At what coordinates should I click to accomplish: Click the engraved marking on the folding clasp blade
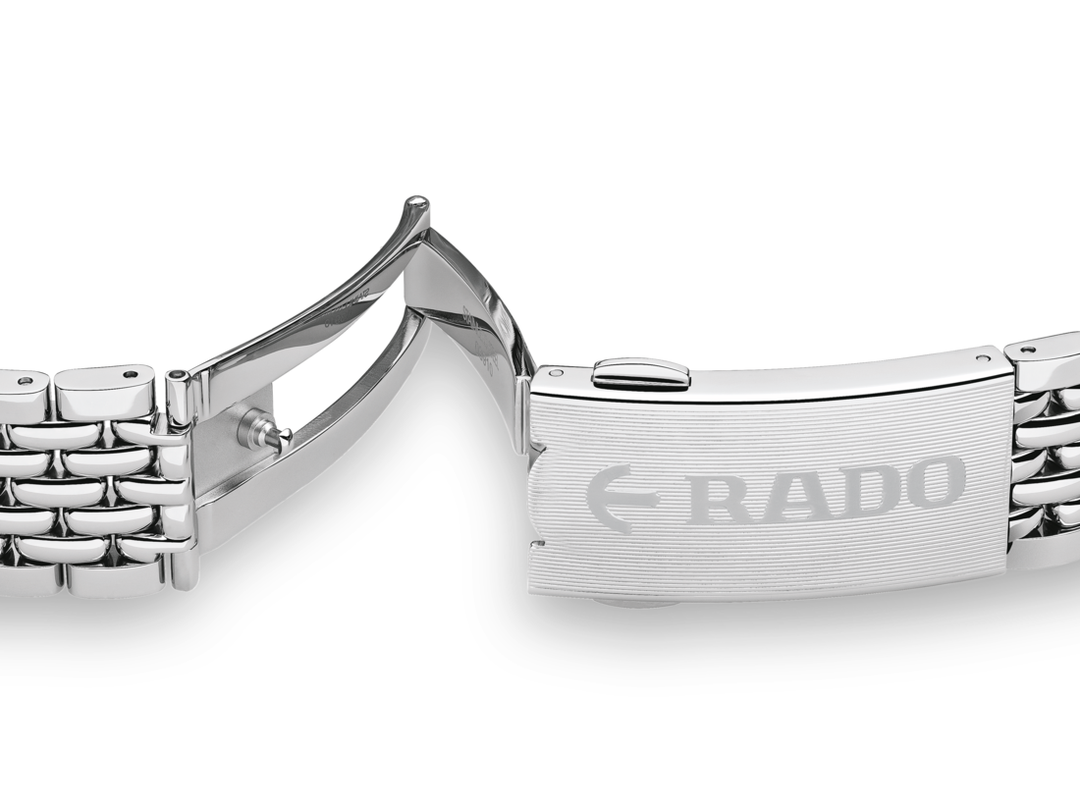click(x=481, y=339)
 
